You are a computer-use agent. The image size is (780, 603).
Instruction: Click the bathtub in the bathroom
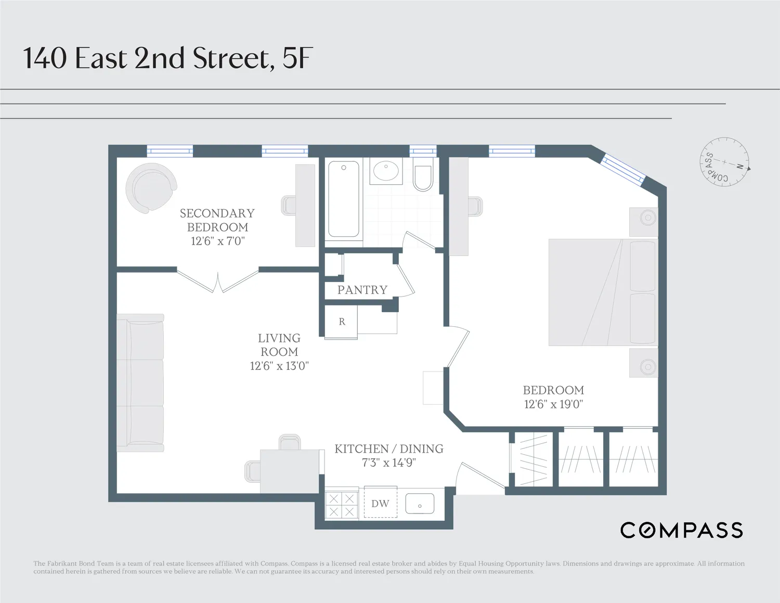point(343,199)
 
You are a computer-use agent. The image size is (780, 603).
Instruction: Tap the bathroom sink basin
point(386,171)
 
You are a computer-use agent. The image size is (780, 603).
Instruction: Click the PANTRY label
point(362,290)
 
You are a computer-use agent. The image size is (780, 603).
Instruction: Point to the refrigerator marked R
point(341,322)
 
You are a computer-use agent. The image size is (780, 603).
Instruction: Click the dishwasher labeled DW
point(380,503)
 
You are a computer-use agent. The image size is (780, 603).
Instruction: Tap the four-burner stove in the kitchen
point(342,505)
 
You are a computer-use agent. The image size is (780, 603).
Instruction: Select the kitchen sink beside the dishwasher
point(420,504)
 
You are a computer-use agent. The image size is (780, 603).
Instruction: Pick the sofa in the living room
point(140,382)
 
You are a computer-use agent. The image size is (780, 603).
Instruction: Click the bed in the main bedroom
point(603,292)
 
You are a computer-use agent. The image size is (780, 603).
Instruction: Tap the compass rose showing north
point(724,162)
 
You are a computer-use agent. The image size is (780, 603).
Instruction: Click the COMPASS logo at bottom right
point(681,530)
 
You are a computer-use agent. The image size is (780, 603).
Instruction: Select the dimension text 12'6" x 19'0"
point(553,404)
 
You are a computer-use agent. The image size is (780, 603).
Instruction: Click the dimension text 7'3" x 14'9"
point(388,463)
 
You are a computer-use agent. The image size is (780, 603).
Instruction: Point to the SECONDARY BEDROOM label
point(217,220)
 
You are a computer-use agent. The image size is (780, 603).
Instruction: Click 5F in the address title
point(297,58)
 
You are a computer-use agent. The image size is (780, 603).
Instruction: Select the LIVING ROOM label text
point(279,345)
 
